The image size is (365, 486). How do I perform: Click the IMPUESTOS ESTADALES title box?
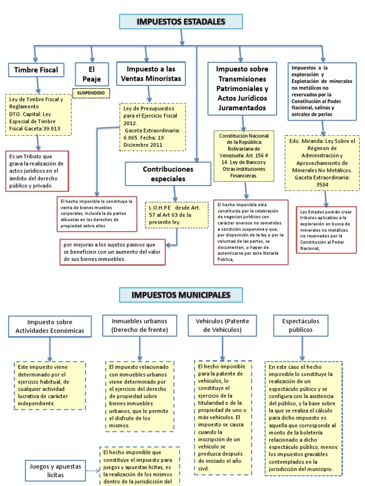[181, 22]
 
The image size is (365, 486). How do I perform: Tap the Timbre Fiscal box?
[36, 70]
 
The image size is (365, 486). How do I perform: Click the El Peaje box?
[91, 73]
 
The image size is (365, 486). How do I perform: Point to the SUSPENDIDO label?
[90, 93]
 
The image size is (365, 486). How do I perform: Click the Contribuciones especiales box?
[161, 174]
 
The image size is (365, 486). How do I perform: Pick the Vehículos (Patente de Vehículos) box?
[222, 326]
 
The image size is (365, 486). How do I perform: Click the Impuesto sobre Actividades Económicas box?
[49, 326]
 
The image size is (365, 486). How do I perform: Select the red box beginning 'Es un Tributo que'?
[37, 171]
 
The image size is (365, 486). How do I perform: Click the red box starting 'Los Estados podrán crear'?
[326, 228]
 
